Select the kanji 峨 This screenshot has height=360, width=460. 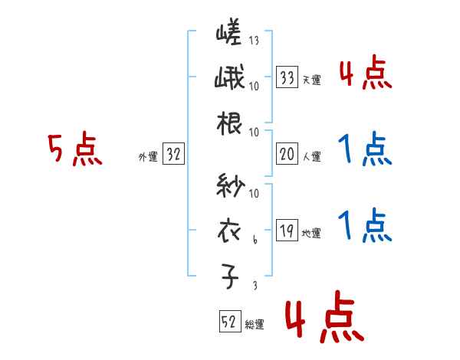(229, 80)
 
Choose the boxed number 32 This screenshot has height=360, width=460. (173, 155)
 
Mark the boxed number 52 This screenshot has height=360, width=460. (229, 323)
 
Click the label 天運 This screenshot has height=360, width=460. (311, 79)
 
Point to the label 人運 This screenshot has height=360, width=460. (311, 157)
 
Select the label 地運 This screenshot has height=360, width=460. (311, 234)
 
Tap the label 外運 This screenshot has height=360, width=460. (148, 157)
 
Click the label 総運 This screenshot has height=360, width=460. (255, 325)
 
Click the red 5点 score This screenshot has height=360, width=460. (74, 151)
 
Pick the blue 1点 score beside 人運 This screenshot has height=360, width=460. (365, 150)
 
